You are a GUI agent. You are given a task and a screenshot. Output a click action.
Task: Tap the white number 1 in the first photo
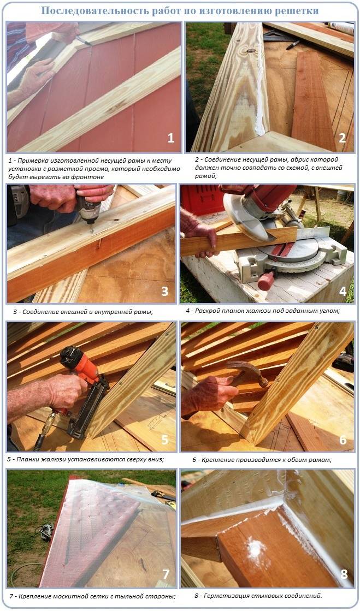171,138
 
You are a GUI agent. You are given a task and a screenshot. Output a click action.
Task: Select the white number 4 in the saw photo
343,290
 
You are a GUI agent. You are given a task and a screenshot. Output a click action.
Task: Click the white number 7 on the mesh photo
166,573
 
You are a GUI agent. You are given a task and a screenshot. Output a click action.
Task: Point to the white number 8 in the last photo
344,573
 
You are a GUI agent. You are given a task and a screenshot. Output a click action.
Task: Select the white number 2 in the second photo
343,138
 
